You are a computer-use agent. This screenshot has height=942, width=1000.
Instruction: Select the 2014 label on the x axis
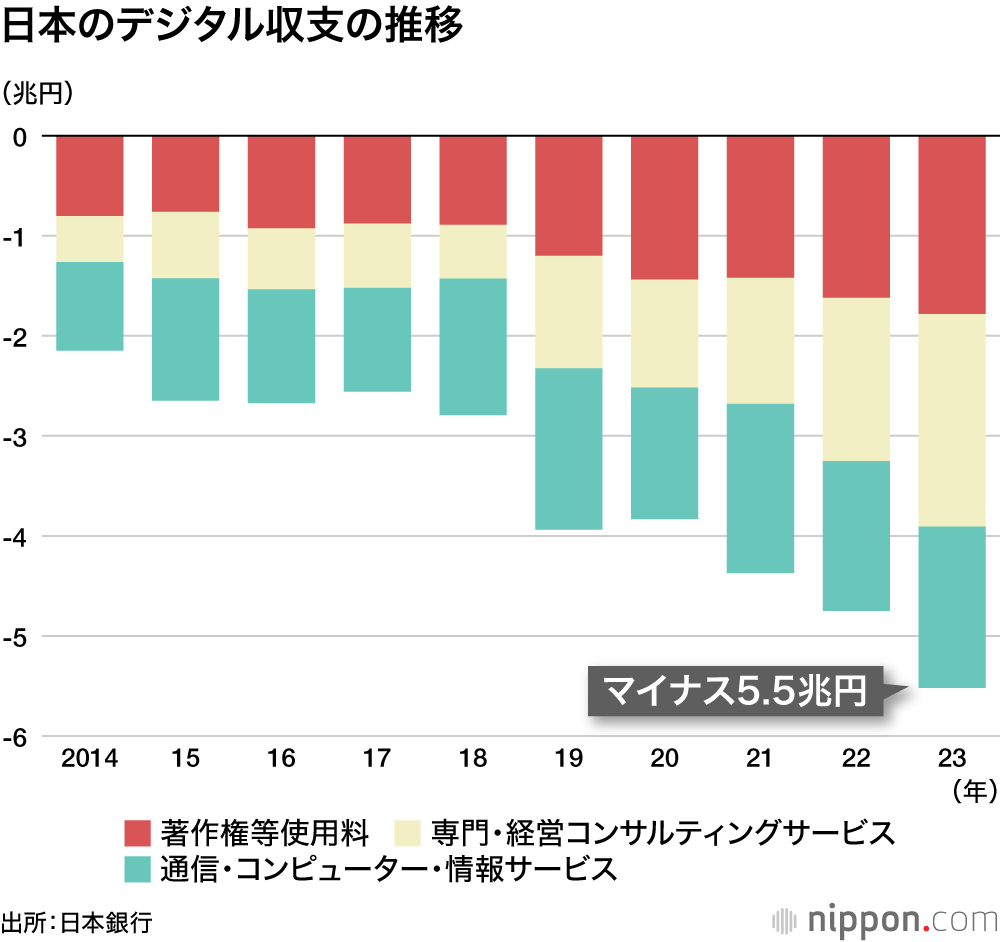(x=89, y=759)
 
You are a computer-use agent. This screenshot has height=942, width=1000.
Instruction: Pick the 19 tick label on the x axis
(x=568, y=759)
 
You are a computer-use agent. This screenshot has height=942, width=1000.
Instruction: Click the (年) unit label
(x=974, y=792)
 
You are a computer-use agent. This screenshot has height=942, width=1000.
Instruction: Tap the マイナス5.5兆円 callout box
(x=735, y=689)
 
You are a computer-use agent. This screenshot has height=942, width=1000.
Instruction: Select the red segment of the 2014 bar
(x=90, y=176)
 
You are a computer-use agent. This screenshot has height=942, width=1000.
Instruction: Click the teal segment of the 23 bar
(x=952, y=607)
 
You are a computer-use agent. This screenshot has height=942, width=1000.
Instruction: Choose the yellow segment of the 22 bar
(x=856, y=380)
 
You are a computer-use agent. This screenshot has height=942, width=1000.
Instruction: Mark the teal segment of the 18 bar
(x=473, y=346)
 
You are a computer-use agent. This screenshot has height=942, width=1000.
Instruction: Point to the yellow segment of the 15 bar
(x=185, y=245)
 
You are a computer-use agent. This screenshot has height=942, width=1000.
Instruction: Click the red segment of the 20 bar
(x=664, y=207)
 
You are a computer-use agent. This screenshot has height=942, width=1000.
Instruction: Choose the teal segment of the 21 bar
(x=760, y=488)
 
